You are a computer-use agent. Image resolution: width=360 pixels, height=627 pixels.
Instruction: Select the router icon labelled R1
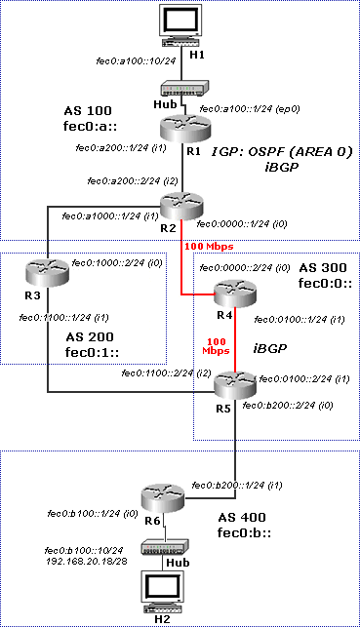(x=182, y=128)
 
